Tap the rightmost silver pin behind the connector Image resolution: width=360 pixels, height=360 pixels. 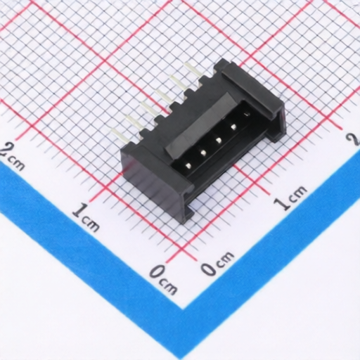click(x=193, y=71)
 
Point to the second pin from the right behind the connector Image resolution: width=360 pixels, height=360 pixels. click(x=177, y=84)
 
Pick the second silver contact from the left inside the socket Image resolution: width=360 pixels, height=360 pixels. click(x=203, y=153)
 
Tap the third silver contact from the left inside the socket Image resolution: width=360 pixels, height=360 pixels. click(x=219, y=141)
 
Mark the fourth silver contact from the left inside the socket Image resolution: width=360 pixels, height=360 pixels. click(x=233, y=127)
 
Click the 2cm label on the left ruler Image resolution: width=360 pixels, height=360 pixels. click(x=12, y=156)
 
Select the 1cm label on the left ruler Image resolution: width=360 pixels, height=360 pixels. click(x=86, y=217)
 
